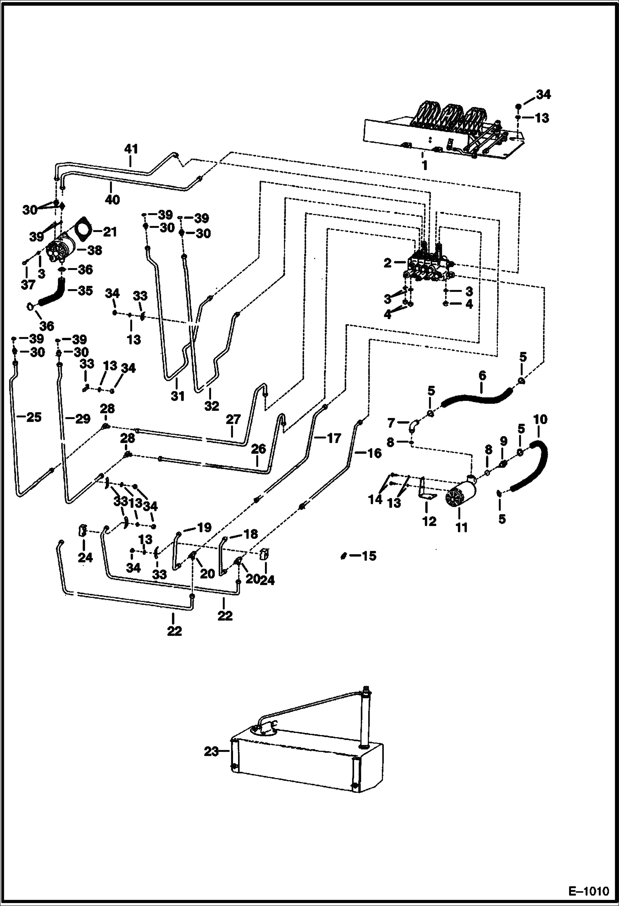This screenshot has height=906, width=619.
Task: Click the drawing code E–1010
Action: [x=589, y=889]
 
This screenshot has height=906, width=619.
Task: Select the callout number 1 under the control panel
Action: [x=424, y=166]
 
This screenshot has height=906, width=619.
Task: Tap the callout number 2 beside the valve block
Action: [x=387, y=263]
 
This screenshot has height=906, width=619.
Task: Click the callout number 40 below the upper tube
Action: [x=112, y=200]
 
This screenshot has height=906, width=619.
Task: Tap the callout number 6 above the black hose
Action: [x=482, y=376]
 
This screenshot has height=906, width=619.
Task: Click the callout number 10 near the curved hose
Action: [x=540, y=420]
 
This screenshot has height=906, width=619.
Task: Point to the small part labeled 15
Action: [x=343, y=556]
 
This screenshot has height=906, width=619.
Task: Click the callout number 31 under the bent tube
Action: [x=178, y=396]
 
